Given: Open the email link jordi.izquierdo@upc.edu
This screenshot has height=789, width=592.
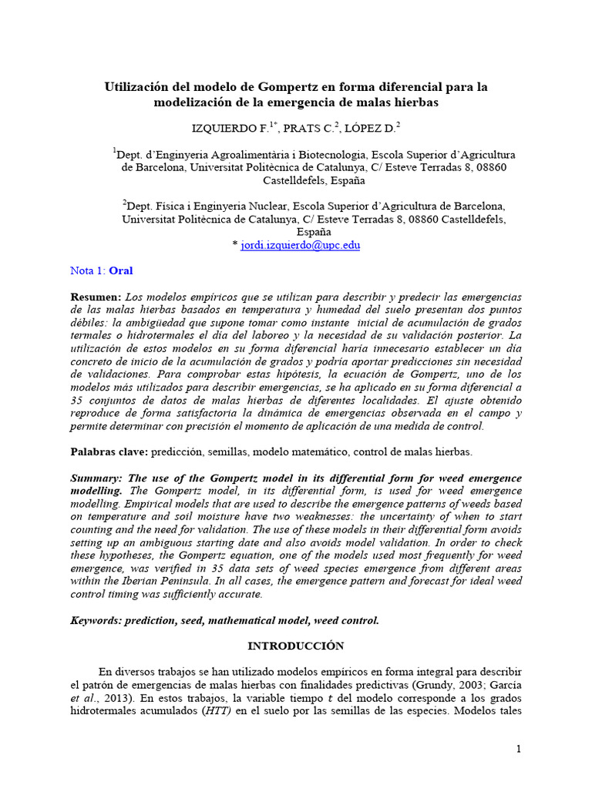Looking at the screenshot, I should pyautogui.click(x=300, y=245).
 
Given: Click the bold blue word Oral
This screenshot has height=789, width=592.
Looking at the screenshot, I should pyautogui.click(x=121, y=270).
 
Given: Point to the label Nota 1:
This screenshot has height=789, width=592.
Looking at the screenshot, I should pyautogui.click(x=88, y=270).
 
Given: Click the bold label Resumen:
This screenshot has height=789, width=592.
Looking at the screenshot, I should pyautogui.click(x=96, y=297).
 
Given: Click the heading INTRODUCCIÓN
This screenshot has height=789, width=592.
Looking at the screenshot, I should pyautogui.click(x=296, y=646).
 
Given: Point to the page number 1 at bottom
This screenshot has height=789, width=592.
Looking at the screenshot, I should pyautogui.click(x=519, y=749).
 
